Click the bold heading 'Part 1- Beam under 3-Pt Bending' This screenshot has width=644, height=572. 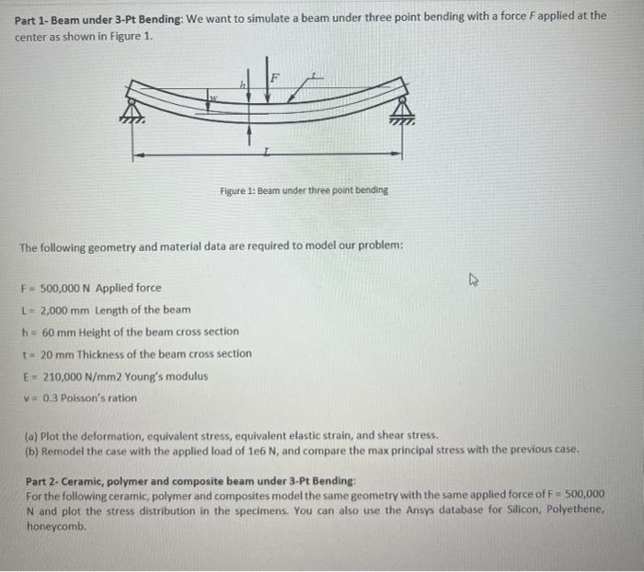tap(98, 16)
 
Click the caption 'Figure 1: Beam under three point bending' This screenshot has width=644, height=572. tap(304, 190)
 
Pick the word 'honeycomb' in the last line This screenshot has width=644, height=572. tap(56, 527)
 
